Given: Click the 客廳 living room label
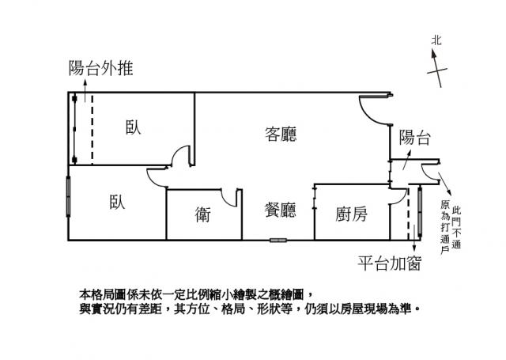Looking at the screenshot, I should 281,135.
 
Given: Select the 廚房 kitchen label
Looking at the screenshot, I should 351,214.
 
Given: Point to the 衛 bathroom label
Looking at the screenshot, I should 202,213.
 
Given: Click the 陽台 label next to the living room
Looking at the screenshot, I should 414,137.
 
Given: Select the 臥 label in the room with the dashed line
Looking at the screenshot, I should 133,127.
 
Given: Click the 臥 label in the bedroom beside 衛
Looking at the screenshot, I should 117,201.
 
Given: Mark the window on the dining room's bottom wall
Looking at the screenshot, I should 278,239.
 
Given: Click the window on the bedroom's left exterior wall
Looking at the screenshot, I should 70,195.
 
